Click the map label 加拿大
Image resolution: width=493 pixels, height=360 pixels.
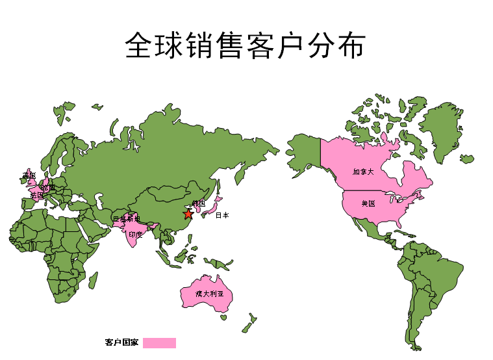pyautogui.click(x=363, y=172)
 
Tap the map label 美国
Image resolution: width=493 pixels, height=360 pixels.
pyautogui.click(x=368, y=203)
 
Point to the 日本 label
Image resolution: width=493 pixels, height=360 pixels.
pyautogui.click(x=222, y=215)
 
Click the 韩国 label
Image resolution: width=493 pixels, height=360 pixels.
pyautogui.click(x=199, y=203)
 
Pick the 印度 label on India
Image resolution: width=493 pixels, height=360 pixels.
pyautogui.click(x=135, y=234)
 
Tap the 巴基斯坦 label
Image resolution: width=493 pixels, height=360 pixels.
pyautogui.click(x=126, y=219)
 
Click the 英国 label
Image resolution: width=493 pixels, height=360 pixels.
pyautogui.click(x=29, y=175)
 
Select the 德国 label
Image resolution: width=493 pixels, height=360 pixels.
pyautogui.click(x=49, y=188)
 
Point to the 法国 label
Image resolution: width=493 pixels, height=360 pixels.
pyautogui.click(x=37, y=195)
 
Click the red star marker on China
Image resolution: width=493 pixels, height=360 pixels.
pyautogui.click(x=188, y=214)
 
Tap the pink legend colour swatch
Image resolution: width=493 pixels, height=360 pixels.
pyautogui.click(x=159, y=342)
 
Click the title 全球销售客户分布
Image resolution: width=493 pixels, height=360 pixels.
pyautogui.click(x=246, y=45)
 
